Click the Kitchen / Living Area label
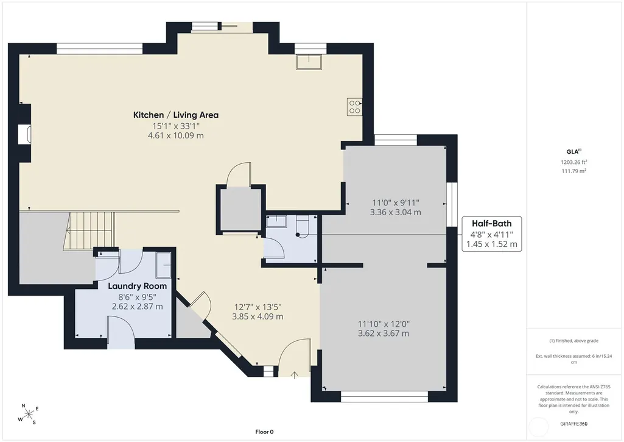coord(176,115)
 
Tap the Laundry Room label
coord(138,286)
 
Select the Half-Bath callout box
coord(492,234)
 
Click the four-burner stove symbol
coord(354,107)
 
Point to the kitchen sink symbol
coord(309,62)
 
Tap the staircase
coord(89,231)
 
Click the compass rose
coord(29,414)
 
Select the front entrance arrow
coord(294,375)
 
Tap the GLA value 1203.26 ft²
coord(574,162)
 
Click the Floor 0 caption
coord(265,432)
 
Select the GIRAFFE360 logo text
coord(574,424)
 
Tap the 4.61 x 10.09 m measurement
coord(176,135)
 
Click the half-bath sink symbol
coord(276,221)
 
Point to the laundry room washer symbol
coord(163,265)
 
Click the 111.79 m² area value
coord(574,171)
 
